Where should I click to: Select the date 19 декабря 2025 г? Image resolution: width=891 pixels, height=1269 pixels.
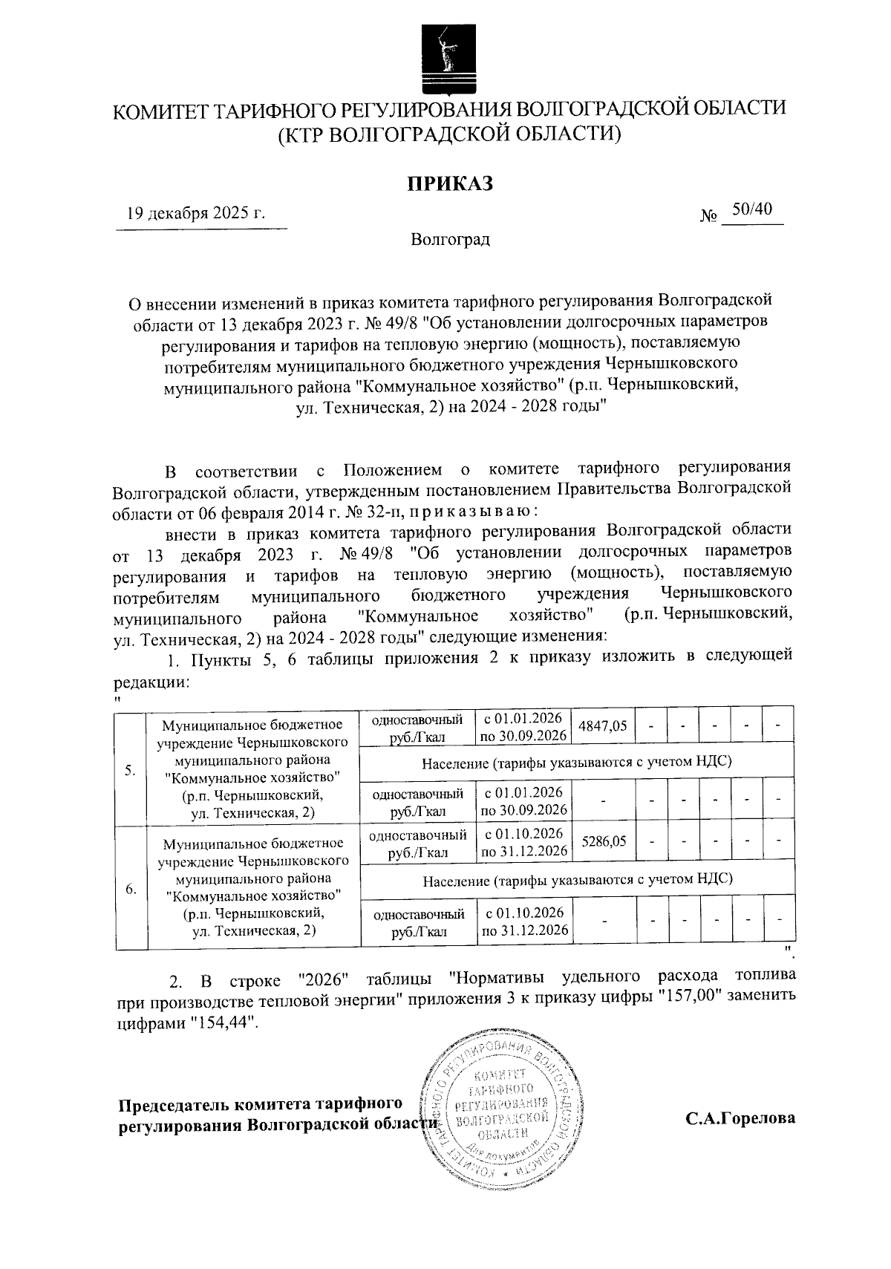point(196,215)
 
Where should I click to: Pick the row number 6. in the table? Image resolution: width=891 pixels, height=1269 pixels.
point(131,889)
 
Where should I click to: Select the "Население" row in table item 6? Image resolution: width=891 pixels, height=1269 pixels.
point(576,879)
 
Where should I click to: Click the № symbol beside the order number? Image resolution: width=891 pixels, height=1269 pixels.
point(709,216)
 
